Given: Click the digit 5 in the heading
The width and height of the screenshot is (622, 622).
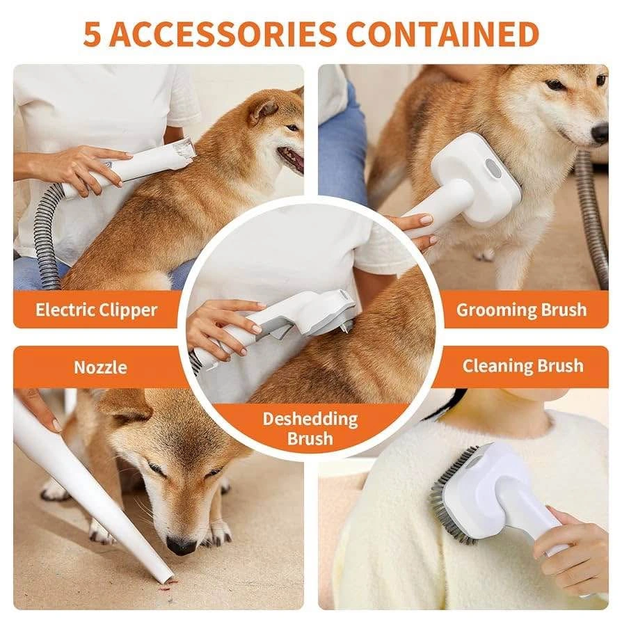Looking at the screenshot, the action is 91,34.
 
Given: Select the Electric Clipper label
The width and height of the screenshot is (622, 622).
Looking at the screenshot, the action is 97,310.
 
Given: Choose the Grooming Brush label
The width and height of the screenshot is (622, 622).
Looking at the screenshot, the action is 521,310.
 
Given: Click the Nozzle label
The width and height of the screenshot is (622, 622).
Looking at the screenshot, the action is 100,367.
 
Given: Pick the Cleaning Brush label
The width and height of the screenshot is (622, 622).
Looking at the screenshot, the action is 523,366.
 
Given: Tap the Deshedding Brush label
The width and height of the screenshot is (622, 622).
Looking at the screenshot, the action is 310,429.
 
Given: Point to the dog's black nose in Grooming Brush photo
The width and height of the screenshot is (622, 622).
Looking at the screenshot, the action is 600,134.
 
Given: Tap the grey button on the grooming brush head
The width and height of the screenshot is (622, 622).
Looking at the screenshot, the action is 492,168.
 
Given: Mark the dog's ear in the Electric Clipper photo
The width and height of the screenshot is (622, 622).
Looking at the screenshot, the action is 262,109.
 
